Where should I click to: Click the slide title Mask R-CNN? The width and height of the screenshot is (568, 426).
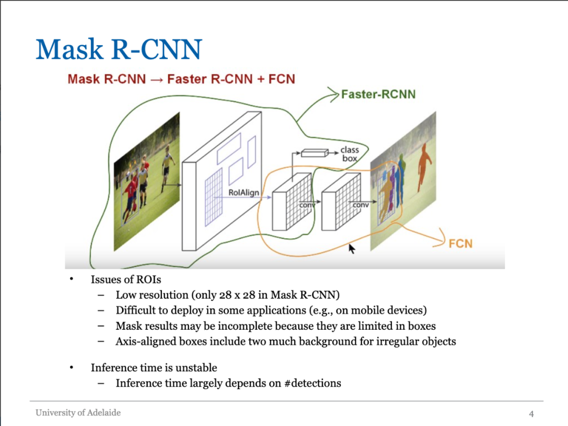[119, 49]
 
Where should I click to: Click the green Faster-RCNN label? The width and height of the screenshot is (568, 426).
[378, 95]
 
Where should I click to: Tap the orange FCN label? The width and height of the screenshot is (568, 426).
[460, 244]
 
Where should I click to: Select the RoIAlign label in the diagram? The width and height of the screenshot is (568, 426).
[244, 193]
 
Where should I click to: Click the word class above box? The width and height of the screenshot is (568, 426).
[349, 150]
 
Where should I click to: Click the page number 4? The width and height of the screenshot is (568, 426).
[531, 413]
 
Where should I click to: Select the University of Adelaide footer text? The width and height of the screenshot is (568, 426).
[78, 413]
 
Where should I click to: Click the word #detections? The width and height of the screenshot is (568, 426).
[312, 383]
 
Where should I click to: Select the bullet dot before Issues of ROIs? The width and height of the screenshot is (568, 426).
[72, 279]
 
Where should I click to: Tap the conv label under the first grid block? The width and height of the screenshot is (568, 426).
[307, 205]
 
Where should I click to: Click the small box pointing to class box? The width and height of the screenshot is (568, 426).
[314, 153]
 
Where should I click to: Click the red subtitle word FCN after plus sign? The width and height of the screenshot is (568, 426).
[282, 79]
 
